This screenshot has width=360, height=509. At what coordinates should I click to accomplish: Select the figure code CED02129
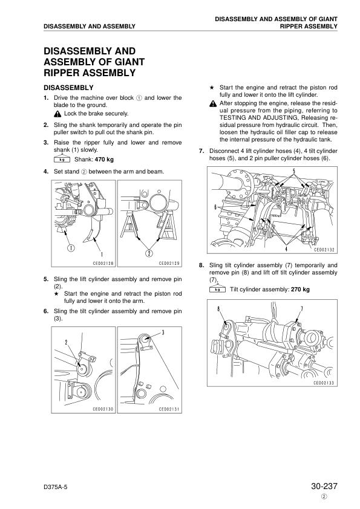tap(169, 263)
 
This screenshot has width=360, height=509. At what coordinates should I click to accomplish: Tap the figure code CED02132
tap(324, 248)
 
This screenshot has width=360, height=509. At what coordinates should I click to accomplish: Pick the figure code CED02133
tap(324, 383)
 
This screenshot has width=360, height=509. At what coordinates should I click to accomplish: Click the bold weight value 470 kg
tap(102, 160)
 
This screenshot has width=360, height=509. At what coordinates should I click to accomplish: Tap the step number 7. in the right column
tap(201, 150)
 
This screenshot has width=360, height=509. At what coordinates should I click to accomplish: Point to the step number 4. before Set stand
tap(45, 172)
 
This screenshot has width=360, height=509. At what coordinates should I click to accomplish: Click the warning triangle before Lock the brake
tap(57, 114)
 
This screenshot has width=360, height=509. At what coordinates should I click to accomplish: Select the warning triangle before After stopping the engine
tap(205, 103)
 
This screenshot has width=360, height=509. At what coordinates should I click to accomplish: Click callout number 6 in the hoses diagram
tap(216, 207)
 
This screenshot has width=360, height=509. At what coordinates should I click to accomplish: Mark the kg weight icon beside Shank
tap(62, 160)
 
